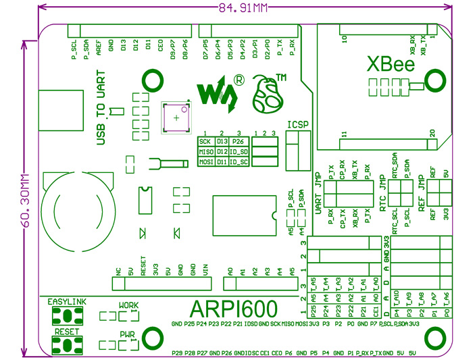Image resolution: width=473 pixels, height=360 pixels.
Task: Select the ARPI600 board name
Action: click(234, 310)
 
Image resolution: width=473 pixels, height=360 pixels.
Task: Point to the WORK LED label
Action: click(128, 305)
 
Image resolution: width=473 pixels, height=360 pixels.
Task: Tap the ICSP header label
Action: click(297, 124)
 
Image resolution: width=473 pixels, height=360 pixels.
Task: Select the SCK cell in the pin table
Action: click(205, 141)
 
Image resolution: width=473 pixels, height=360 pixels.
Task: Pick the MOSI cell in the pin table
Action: click(205, 162)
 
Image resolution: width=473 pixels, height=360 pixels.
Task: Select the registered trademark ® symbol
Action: click(239, 80)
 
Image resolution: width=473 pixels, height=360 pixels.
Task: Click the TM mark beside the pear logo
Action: click(281, 75)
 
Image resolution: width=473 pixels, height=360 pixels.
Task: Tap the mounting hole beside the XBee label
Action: click(432, 84)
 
